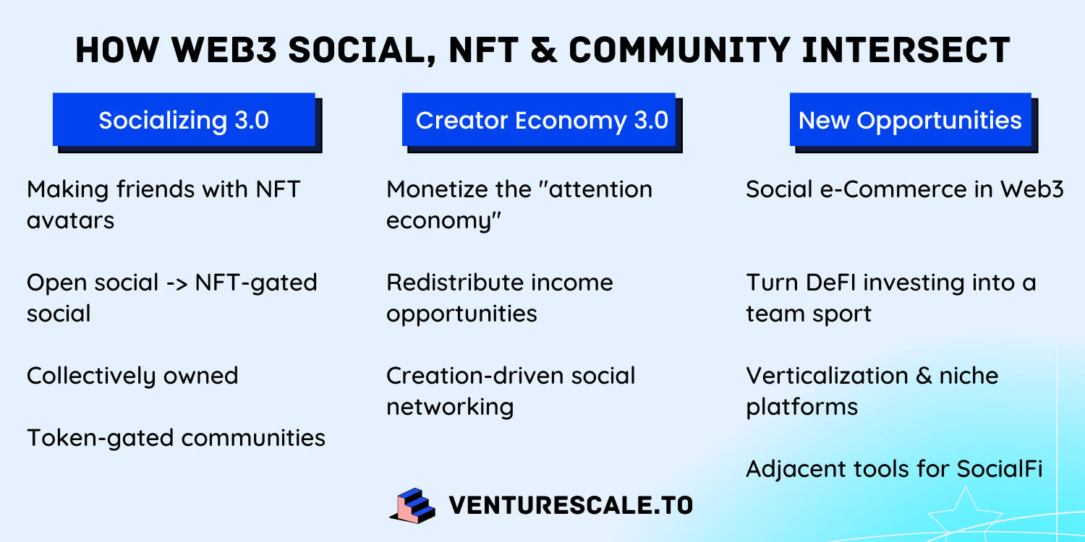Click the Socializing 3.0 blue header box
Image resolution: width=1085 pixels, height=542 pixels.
[x=184, y=119]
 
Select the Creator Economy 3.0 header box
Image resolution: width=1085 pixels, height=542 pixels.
[x=539, y=119]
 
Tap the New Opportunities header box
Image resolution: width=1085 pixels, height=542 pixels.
[x=911, y=119]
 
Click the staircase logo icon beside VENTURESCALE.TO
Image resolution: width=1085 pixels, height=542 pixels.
[x=413, y=506]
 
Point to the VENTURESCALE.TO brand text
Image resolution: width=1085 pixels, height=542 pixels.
[x=571, y=505]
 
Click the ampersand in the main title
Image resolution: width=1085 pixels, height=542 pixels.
[x=544, y=51]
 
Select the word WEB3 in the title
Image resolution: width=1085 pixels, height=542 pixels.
[x=224, y=51]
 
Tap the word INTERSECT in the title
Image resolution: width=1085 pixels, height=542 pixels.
[x=906, y=51]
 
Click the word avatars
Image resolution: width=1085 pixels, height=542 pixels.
[x=71, y=220]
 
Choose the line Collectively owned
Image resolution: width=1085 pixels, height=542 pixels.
[x=132, y=376]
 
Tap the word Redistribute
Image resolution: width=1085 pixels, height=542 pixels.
[x=454, y=283]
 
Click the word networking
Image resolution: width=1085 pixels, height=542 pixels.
[x=450, y=407]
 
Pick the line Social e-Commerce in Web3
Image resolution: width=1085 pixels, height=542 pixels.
[x=904, y=189]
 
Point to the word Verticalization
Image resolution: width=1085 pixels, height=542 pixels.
[x=827, y=376]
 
